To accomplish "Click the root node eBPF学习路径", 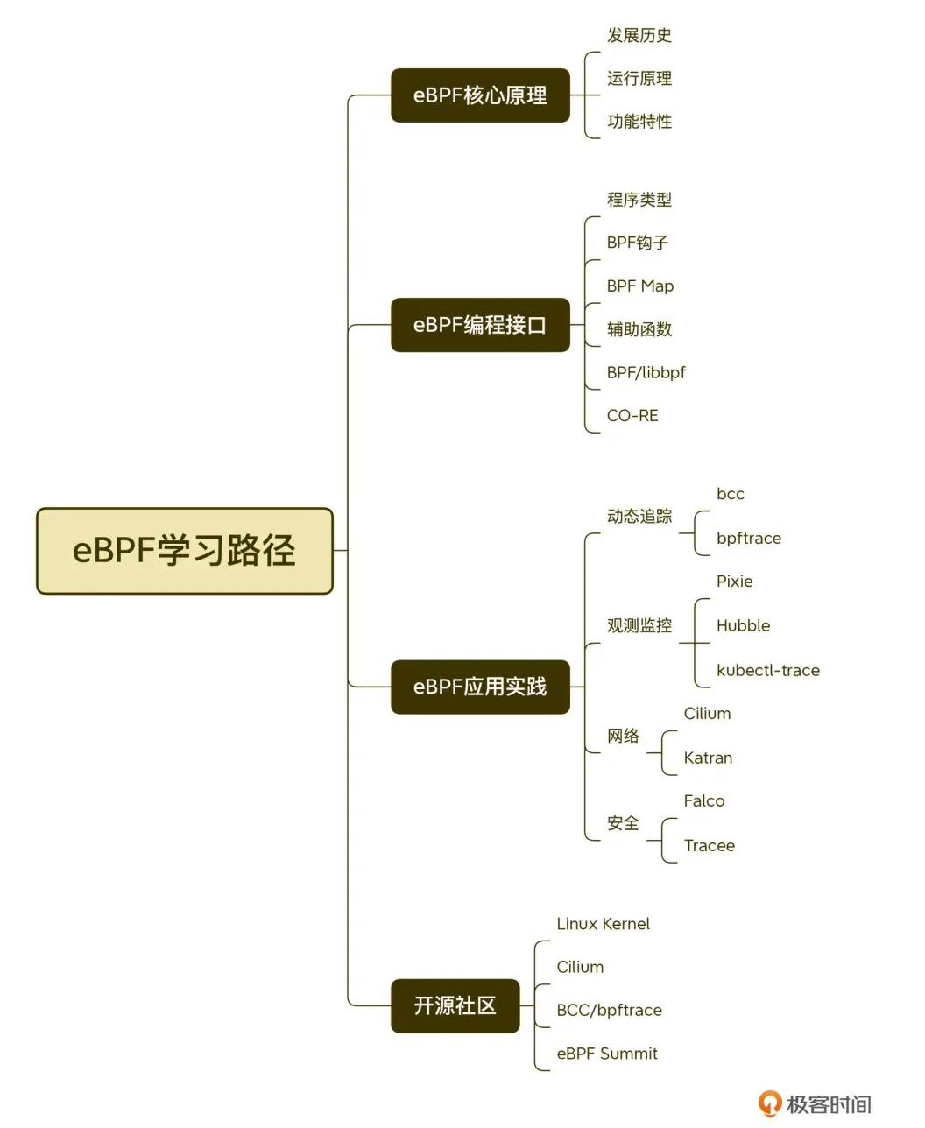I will click(x=184, y=551).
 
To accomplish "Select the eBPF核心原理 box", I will click(x=480, y=95).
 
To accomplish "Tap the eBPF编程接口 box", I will click(x=480, y=325).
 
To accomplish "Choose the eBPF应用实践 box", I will click(x=480, y=687).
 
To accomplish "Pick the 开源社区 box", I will click(x=455, y=1005).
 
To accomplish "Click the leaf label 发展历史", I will click(x=639, y=35).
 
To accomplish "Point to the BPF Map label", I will click(x=640, y=286).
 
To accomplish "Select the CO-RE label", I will click(x=632, y=416).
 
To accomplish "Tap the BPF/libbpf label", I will click(x=646, y=372).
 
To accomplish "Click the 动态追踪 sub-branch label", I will click(x=639, y=517).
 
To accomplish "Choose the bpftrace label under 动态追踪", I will click(x=749, y=539).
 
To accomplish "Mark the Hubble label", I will click(x=744, y=625).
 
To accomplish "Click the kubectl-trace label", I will click(x=768, y=670).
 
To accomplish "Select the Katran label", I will click(x=708, y=758).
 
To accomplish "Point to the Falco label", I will click(x=704, y=800).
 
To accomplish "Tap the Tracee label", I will click(x=710, y=845).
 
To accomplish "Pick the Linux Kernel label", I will click(x=604, y=924).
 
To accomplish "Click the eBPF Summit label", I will click(x=607, y=1054).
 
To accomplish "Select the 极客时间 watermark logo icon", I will click(x=770, y=1103).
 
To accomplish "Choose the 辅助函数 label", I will click(x=639, y=329).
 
